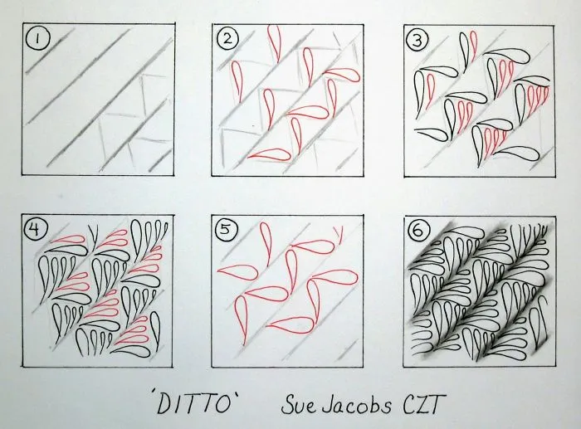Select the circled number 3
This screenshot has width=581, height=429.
[x=417, y=41]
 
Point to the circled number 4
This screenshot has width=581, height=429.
[x=35, y=230]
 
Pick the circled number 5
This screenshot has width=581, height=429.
[x=225, y=231]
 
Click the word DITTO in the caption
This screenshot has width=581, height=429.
[x=194, y=402]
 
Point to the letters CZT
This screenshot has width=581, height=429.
[x=424, y=404]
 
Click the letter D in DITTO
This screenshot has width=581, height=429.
[x=165, y=402]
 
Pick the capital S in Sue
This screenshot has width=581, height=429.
[x=287, y=405]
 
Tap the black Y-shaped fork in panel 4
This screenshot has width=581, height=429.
[x=93, y=238]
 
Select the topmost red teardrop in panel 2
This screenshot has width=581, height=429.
[x=274, y=40]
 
